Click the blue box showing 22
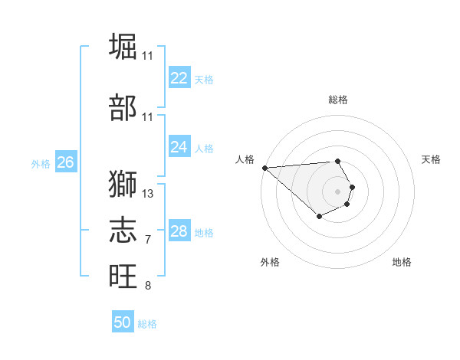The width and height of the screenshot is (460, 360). pyautogui.click(x=179, y=78)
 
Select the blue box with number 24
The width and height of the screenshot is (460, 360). pyautogui.click(x=179, y=147)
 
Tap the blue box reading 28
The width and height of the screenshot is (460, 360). pyautogui.click(x=179, y=231)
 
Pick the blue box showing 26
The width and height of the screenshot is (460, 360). pyautogui.click(x=66, y=162)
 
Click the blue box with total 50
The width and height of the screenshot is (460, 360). pyautogui.click(x=123, y=322)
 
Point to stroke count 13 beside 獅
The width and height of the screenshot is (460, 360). pyautogui.click(x=148, y=194)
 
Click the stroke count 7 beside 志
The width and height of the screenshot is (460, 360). pyautogui.click(x=148, y=241)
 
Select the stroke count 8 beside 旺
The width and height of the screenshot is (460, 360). pyautogui.click(x=148, y=286)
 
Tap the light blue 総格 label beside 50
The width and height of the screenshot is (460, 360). pyautogui.click(x=147, y=324)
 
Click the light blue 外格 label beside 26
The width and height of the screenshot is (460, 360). pyautogui.click(x=41, y=164)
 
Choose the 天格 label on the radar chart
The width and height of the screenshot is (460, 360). pyautogui.click(x=432, y=159)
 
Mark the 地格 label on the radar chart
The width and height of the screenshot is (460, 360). pyautogui.click(x=402, y=263)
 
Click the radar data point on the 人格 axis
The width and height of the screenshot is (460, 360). pyautogui.click(x=264, y=168)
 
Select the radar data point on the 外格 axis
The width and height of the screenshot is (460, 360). pyautogui.click(x=319, y=217)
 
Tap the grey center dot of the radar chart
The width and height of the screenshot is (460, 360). pyautogui.click(x=337, y=191)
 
